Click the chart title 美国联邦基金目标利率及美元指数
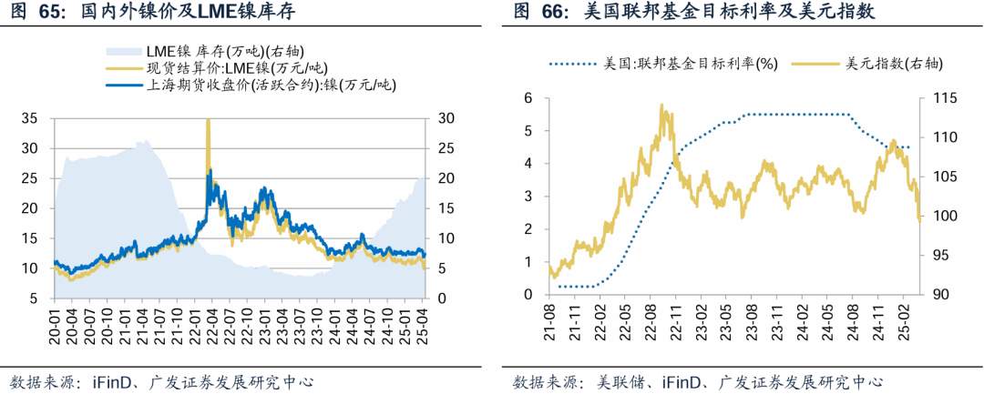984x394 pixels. click(x=721, y=12)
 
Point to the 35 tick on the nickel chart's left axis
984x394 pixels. click(x=30, y=118)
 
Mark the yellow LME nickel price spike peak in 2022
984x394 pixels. click(x=209, y=120)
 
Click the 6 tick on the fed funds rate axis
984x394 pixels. click(x=527, y=97)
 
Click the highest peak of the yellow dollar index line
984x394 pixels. click(x=661, y=106)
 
